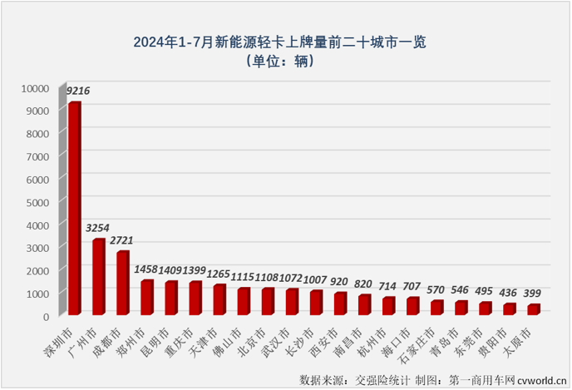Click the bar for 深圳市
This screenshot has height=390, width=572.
click(x=74, y=208)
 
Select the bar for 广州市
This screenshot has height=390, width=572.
click(x=98, y=276)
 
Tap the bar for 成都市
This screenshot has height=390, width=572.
click(x=122, y=282)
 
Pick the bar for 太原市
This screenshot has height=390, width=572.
click(x=533, y=309)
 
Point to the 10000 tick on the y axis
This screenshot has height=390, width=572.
click(x=36, y=87)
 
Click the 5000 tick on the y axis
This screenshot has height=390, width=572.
click(x=38, y=202)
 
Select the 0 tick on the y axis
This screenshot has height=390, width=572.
click(x=47, y=316)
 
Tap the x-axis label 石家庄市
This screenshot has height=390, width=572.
click(x=431, y=343)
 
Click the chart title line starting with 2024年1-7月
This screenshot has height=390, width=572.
click(x=285, y=40)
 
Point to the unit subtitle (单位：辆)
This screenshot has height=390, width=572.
click(x=285, y=62)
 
